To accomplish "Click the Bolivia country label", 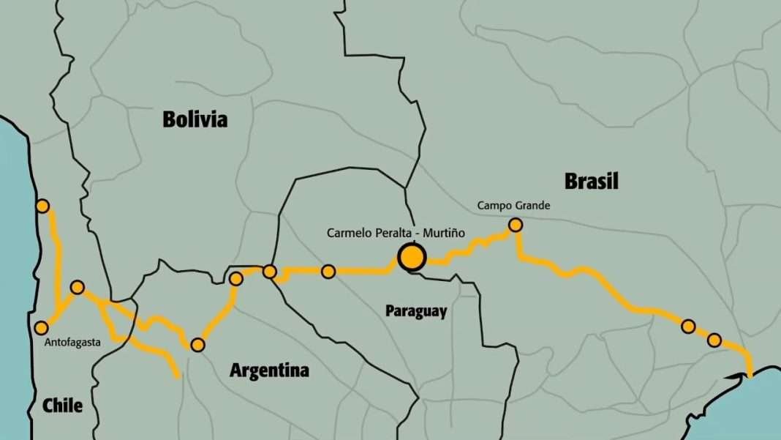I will pos(195,119).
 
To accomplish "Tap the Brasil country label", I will pos(592,181).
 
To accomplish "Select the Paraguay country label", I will pos(416,311).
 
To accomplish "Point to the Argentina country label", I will pos(269,370).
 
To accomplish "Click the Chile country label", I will pos(62,405).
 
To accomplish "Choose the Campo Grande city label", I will pos(513,206).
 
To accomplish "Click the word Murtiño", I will pos(439,233).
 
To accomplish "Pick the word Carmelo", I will pos(349,233).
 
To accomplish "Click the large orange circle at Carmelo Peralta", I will pos(412,257).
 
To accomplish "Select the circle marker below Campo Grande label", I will pos(516,225).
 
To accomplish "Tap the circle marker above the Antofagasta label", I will pos(42,327).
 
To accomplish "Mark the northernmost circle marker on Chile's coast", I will pos(42,206).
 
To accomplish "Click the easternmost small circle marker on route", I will pos(714,340).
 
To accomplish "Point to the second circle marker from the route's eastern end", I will pos(688,326).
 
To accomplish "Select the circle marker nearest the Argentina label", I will pos(197,345).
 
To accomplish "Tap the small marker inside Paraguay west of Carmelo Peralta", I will pos(328,272).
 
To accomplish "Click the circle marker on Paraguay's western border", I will pos(269,272).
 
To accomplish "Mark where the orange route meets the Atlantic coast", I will pos(750,376).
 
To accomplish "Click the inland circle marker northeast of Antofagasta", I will pos(77,287).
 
